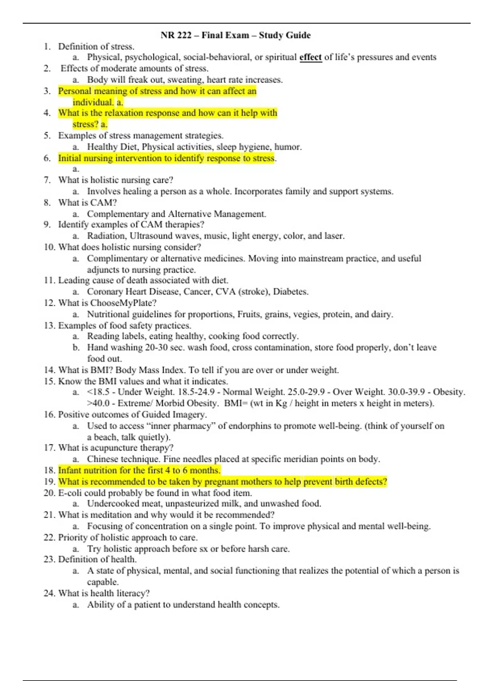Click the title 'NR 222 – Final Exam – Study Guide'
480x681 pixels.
tap(236, 35)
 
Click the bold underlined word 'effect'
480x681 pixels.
tap(310, 57)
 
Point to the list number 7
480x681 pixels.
tap(47, 180)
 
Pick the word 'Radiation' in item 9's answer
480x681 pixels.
tap(106, 236)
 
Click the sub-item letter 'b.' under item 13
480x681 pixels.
tap(76, 347)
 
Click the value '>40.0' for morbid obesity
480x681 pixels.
tap(98, 403)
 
